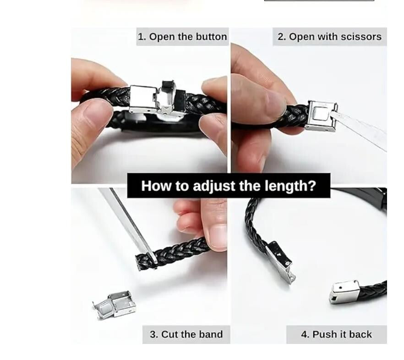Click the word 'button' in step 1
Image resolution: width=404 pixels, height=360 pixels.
(x=211, y=37)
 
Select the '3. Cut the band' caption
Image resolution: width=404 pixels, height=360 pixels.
(x=186, y=334)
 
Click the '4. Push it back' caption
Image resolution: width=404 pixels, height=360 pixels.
(x=336, y=334)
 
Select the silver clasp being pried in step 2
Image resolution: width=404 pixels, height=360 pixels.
(x=321, y=116)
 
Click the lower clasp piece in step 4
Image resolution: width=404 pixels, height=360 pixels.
(x=344, y=292)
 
